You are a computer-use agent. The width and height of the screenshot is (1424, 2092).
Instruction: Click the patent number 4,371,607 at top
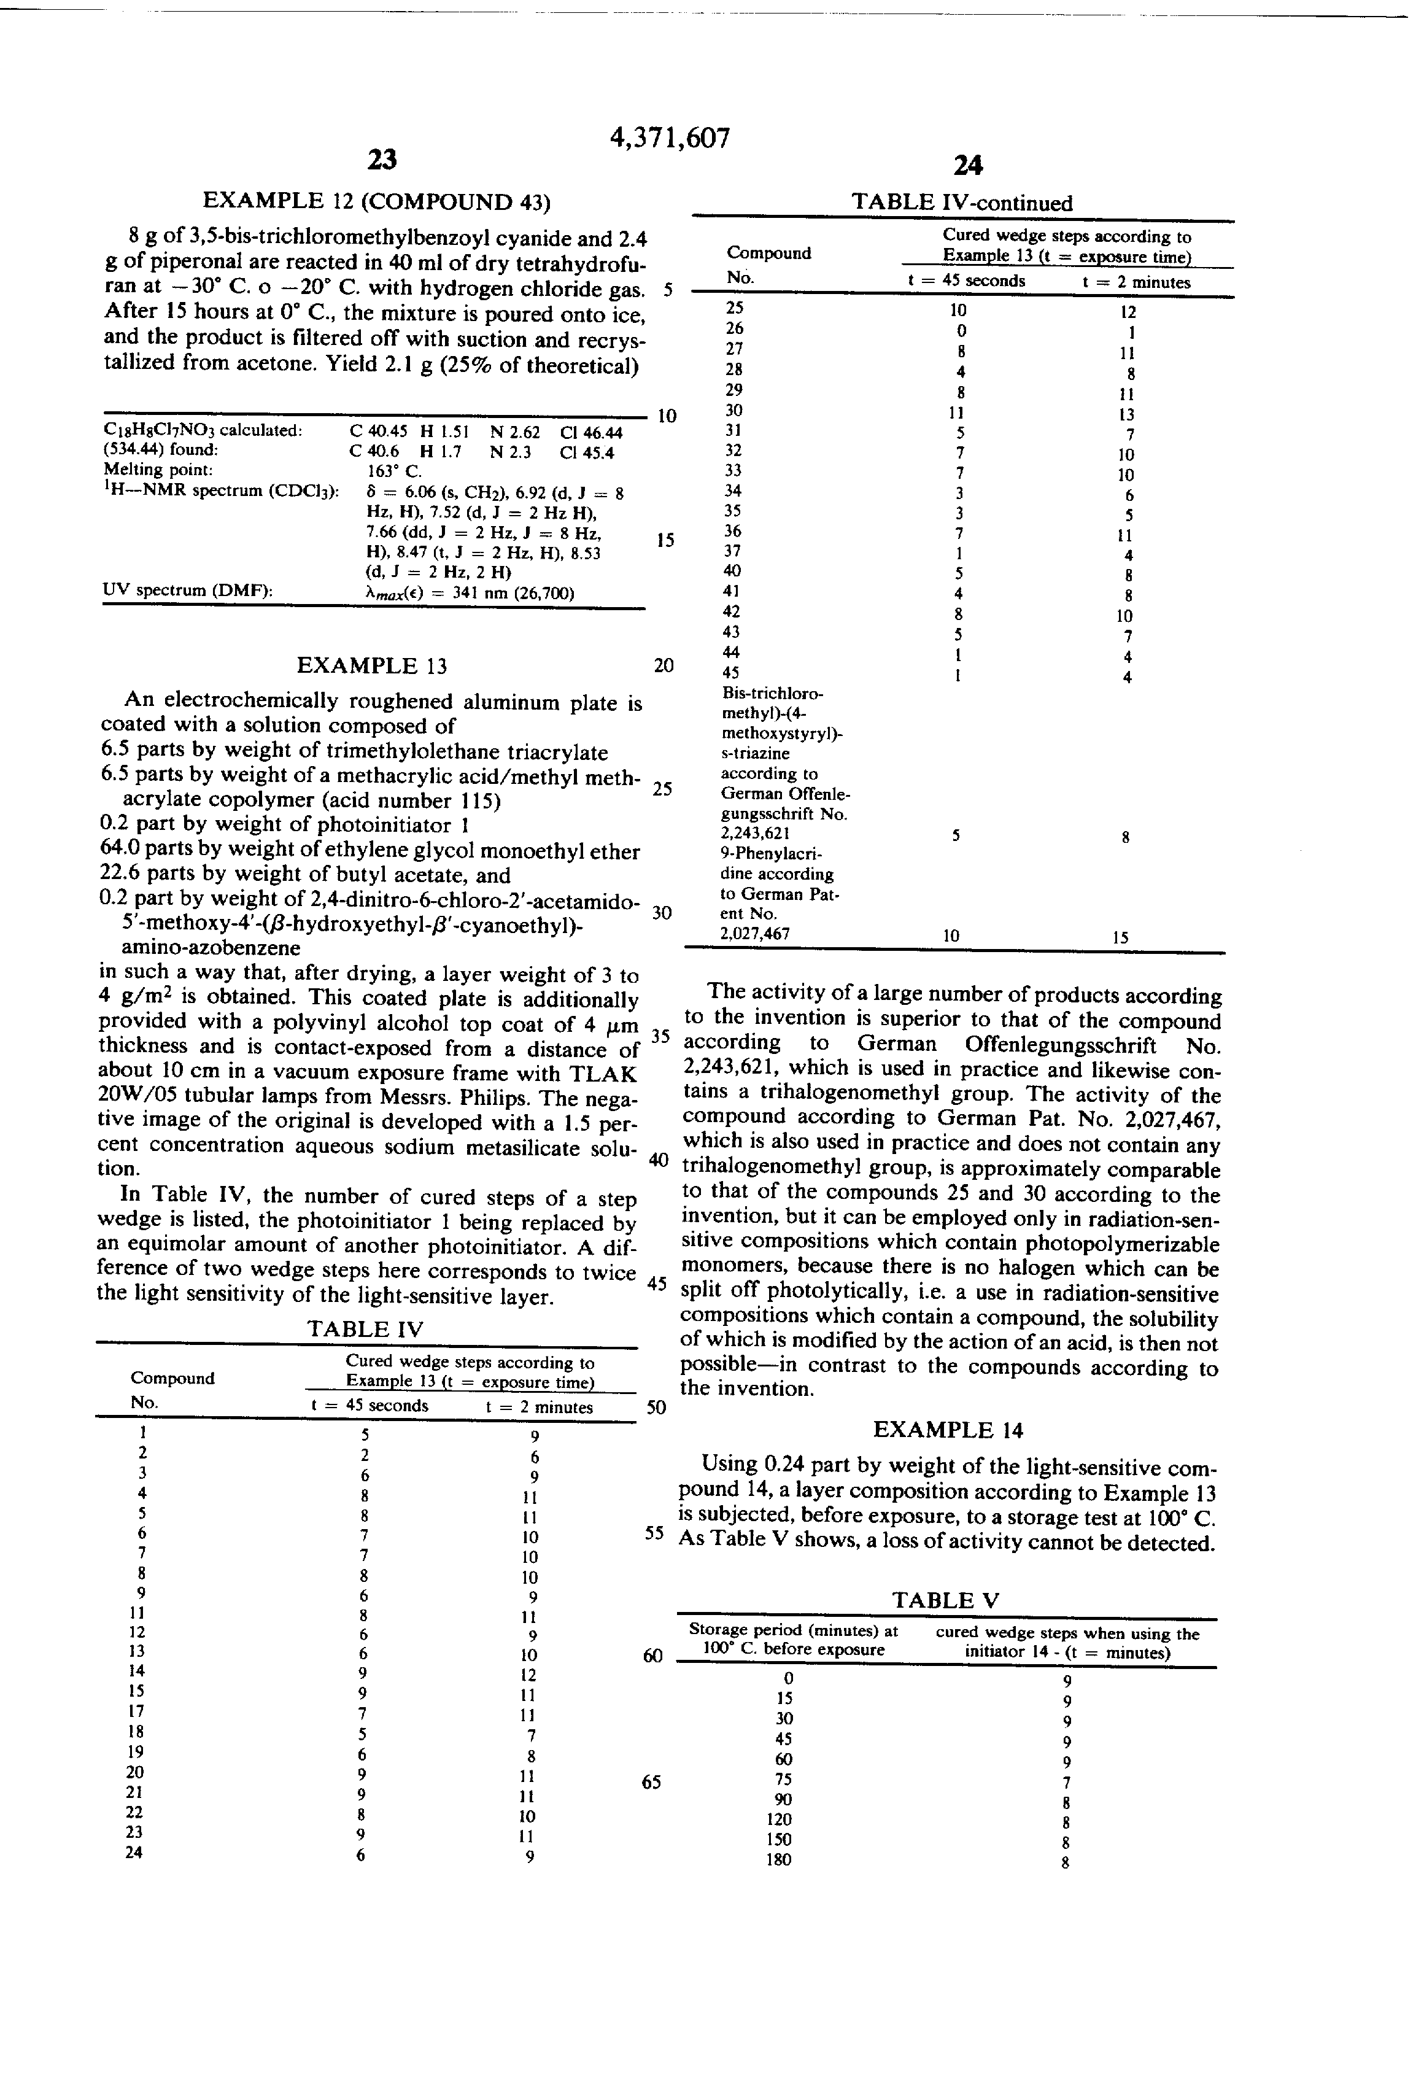tap(670, 138)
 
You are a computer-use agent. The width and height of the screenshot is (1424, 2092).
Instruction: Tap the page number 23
tap(382, 160)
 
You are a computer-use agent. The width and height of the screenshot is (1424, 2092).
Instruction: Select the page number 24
tap(967, 165)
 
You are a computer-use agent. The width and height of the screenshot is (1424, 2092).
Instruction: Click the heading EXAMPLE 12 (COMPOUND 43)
tap(376, 201)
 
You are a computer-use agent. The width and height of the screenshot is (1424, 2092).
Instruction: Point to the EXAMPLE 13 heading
tap(372, 666)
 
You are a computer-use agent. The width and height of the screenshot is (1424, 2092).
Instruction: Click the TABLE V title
tap(945, 1600)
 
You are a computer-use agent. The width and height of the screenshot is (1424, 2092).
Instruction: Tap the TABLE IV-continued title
tap(961, 203)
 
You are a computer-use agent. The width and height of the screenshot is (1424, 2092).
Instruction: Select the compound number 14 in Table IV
tap(136, 1671)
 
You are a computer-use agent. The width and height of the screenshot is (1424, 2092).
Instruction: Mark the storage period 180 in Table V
tap(779, 1860)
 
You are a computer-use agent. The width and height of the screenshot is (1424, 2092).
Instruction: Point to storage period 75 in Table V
tap(784, 1779)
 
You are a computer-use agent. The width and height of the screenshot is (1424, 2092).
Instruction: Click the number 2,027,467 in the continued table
tap(755, 934)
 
